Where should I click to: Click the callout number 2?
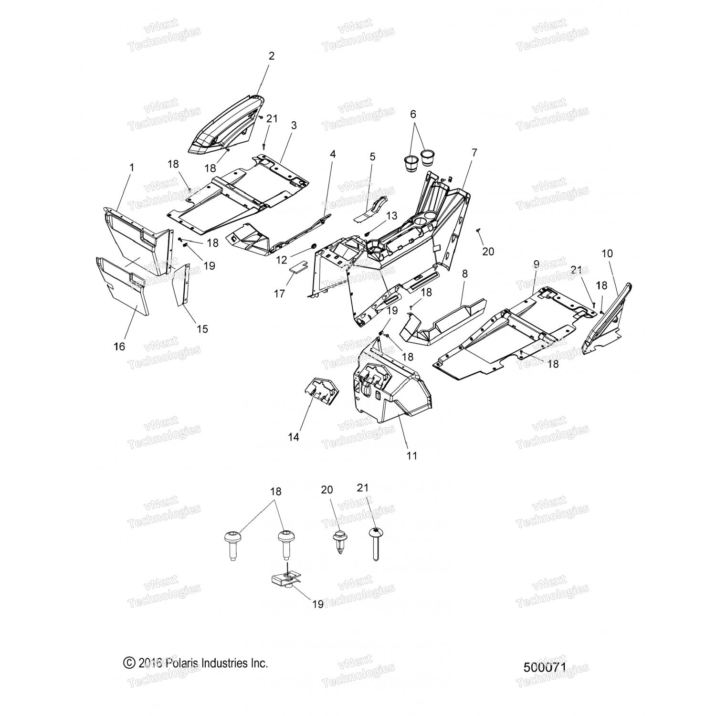(272, 56)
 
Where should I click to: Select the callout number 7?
(474, 153)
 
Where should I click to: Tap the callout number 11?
(411, 455)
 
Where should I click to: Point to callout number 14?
(294, 437)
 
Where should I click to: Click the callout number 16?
(119, 347)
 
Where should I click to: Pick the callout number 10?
(607, 253)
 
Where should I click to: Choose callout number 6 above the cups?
(413, 114)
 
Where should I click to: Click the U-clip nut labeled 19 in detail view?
(285, 582)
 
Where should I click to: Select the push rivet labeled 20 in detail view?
(339, 542)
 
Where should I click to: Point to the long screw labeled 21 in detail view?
(376, 544)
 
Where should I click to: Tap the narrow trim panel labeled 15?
(182, 285)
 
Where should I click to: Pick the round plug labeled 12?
(315, 246)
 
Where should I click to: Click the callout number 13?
(391, 216)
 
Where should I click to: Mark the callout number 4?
(333, 154)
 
